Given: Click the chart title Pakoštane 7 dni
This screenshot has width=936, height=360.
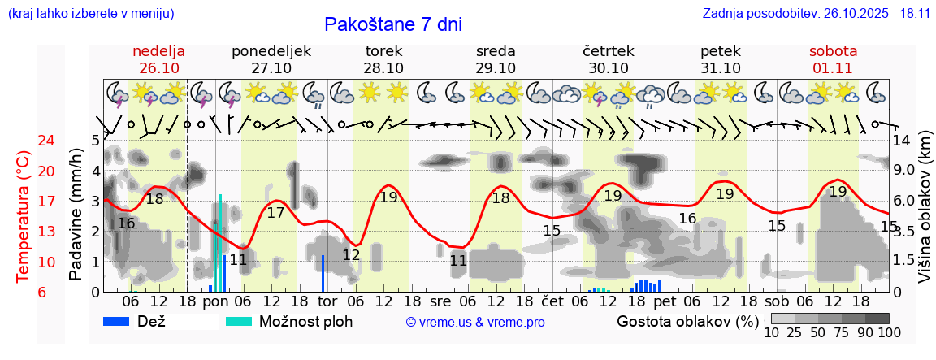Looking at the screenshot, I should click(392, 24).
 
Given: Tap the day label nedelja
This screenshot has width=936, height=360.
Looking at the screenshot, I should click(159, 51).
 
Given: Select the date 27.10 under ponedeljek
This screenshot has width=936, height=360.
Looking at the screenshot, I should click(271, 68).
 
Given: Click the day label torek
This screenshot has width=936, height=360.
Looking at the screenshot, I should click(383, 51).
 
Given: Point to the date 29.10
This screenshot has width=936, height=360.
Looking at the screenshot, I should click(496, 68).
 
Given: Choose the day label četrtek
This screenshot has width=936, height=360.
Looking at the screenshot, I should click(609, 51).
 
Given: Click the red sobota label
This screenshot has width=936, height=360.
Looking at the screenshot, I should click(833, 51).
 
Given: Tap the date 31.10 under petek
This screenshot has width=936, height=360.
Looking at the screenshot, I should click(721, 68).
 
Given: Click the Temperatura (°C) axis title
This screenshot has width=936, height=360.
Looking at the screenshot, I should click(24, 217).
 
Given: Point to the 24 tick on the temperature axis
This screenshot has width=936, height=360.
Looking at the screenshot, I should click(24, 141).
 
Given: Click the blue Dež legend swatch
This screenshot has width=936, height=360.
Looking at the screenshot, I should click(122, 321).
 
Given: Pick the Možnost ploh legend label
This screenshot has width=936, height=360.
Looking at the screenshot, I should click(305, 321).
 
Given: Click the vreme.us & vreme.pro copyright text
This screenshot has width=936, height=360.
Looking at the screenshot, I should click(475, 323).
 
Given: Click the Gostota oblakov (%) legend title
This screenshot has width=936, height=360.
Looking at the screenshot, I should click(687, 321).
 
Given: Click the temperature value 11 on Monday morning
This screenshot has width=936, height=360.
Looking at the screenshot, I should click(238, 260).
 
